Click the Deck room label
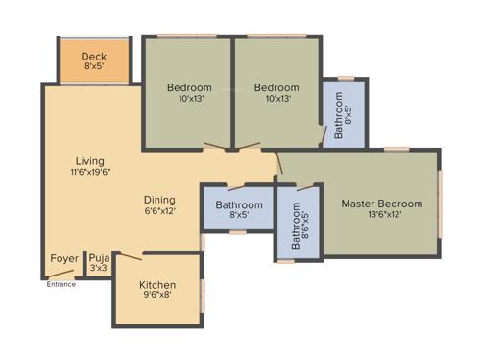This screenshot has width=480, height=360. point(94,57)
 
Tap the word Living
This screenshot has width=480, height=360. point(90,161)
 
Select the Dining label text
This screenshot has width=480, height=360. point(160,200)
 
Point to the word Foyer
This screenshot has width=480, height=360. point(64,259)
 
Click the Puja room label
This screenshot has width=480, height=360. point(99,258)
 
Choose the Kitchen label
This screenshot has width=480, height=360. point(156,285)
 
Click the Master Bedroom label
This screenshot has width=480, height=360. point(381,204)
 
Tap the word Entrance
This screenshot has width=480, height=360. point(61,284)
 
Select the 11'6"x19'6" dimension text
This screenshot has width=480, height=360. point(90,173)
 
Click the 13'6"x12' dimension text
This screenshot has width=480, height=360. point(381,215)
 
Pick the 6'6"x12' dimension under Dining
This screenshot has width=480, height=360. point(160,211)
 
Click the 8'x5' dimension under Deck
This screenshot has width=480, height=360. point(94,68)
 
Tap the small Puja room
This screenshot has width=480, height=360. point(99,263)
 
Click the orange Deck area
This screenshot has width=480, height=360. point(94,61)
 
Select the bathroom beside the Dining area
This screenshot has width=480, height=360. point(238,209)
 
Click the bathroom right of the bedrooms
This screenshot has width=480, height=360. point(343,113)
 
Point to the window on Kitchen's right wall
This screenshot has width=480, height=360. point(203,294)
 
